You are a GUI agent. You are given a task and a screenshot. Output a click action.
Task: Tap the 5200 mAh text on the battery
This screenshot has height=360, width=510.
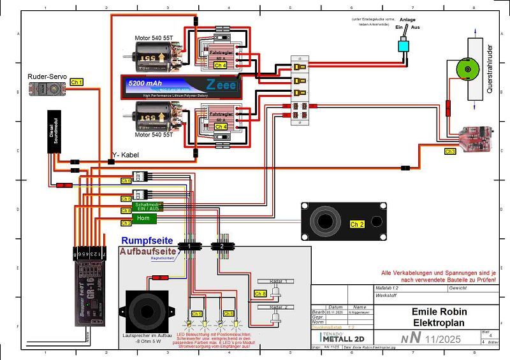tap(146, 83)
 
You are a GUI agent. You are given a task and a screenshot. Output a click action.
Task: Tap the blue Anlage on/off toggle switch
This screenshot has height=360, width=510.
tap(404, 46)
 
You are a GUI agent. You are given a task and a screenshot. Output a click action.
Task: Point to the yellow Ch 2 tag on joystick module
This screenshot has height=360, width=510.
tap(358, 224)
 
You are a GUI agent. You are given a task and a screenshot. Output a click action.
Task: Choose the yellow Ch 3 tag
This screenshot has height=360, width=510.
tap(450, 152)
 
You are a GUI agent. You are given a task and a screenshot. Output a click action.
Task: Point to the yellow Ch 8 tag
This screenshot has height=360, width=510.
tap(260, 294)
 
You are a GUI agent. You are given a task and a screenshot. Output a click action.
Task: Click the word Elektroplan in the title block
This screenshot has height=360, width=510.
tap(439, 322)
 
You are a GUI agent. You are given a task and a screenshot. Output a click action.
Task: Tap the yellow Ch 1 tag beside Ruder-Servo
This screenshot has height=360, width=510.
tap(77, 83)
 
